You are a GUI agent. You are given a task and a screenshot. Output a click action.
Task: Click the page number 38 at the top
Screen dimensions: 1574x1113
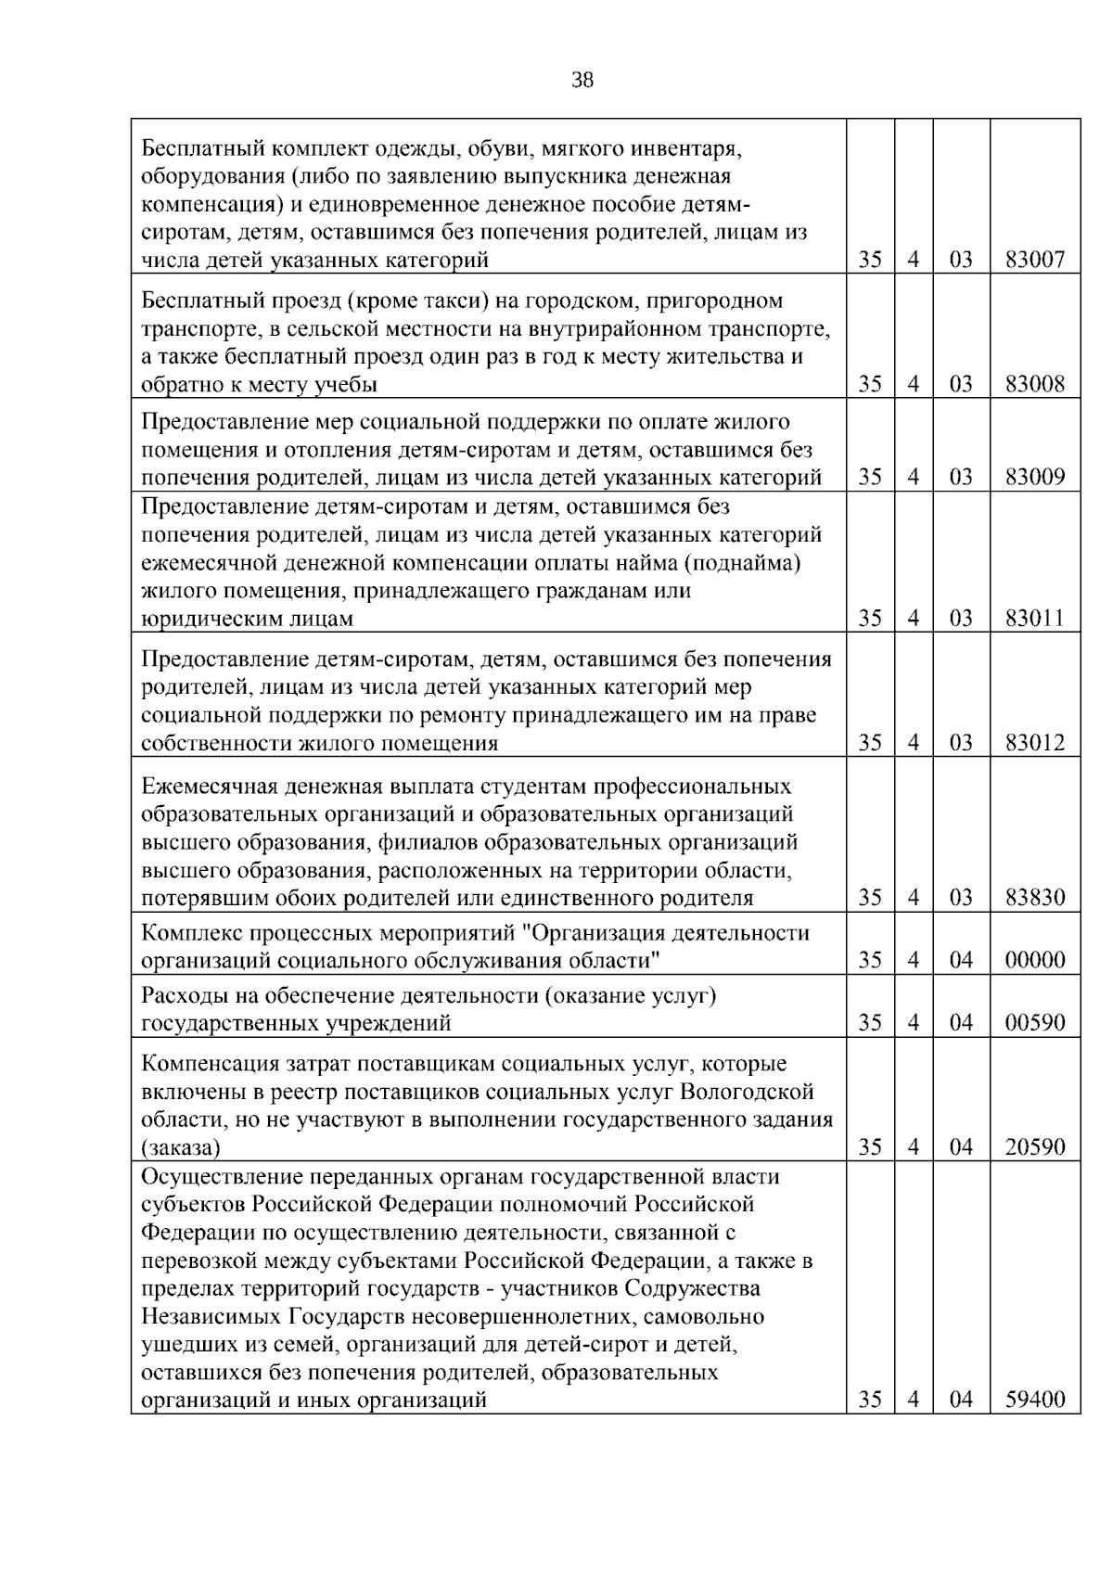(x=582, y=81)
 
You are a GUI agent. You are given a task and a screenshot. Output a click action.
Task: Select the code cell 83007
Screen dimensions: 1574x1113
(x=1035, y=260)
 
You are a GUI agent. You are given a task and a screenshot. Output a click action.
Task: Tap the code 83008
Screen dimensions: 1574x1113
(x=1035, y=384)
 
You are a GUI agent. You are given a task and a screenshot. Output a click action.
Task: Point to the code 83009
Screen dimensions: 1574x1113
(x=1035, y=478)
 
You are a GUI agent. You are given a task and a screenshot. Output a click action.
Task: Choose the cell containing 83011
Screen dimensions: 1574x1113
(x=1035, y=618)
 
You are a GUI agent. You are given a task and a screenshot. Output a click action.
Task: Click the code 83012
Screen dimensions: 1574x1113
(x=1035, y=743)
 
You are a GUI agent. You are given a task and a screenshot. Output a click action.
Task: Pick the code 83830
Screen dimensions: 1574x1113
(x=1035, y=898)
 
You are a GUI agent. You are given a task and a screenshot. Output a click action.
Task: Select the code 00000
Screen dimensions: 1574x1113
(x=1035, y=960)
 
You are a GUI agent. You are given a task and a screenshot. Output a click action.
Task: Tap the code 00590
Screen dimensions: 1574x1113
(x=1035, y=1023)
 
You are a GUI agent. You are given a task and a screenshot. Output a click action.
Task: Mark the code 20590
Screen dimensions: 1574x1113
(x=1035, y=1147)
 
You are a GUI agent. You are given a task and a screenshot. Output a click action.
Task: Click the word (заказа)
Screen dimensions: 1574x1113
(x=181, y=1148)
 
